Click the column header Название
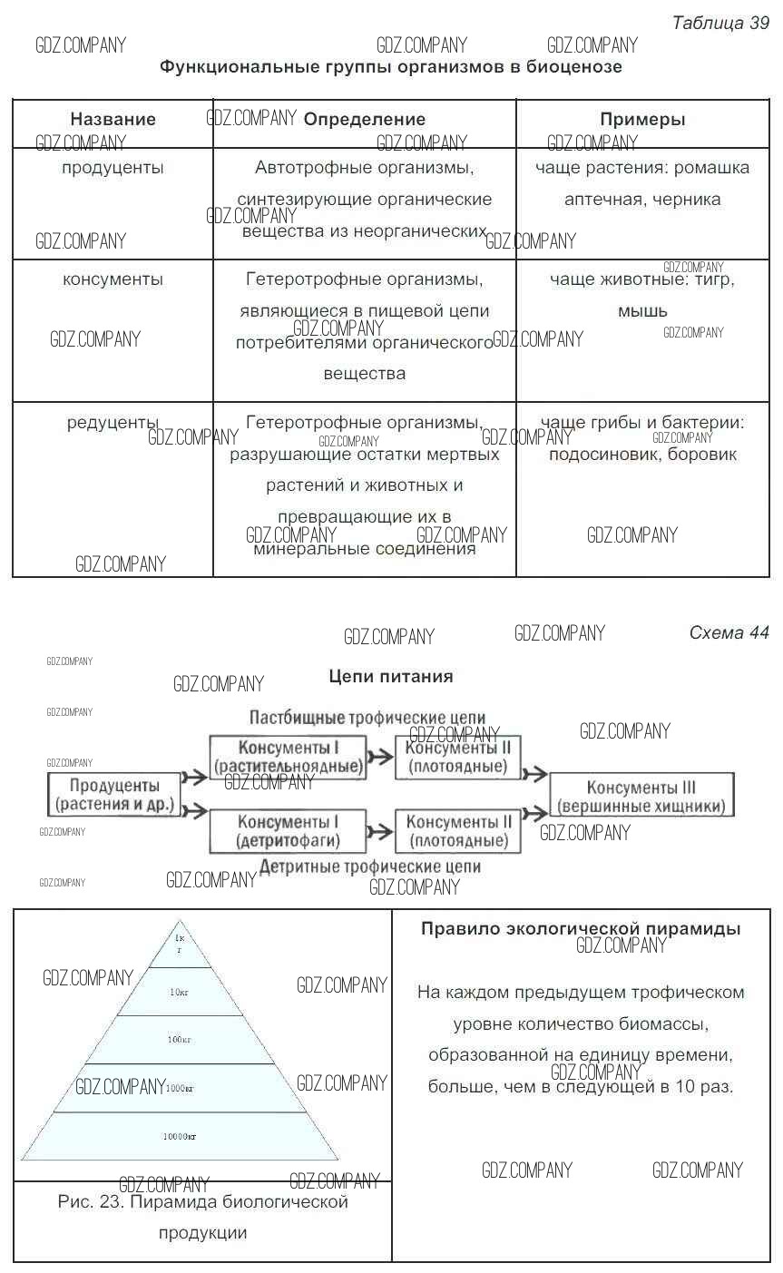(113, 119)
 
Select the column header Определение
(364, 119)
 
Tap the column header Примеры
(642, 119)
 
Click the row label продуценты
(113, 168)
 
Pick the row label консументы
(113, 279)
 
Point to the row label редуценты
(113, 423)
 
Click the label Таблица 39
(720, 24)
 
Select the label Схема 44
(729, 632)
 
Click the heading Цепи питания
(390, 676)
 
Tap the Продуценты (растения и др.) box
(114, 795)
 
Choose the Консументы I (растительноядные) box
(288, 757)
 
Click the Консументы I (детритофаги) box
(288, 831)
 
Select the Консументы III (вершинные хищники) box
(641, 797)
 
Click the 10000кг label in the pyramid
(180, 1136)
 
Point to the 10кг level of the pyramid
(180, 992)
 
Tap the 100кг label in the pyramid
(180, 1039)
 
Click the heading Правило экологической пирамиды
(581, 928)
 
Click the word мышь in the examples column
(642, 311)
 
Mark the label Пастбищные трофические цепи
(367, 717)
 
